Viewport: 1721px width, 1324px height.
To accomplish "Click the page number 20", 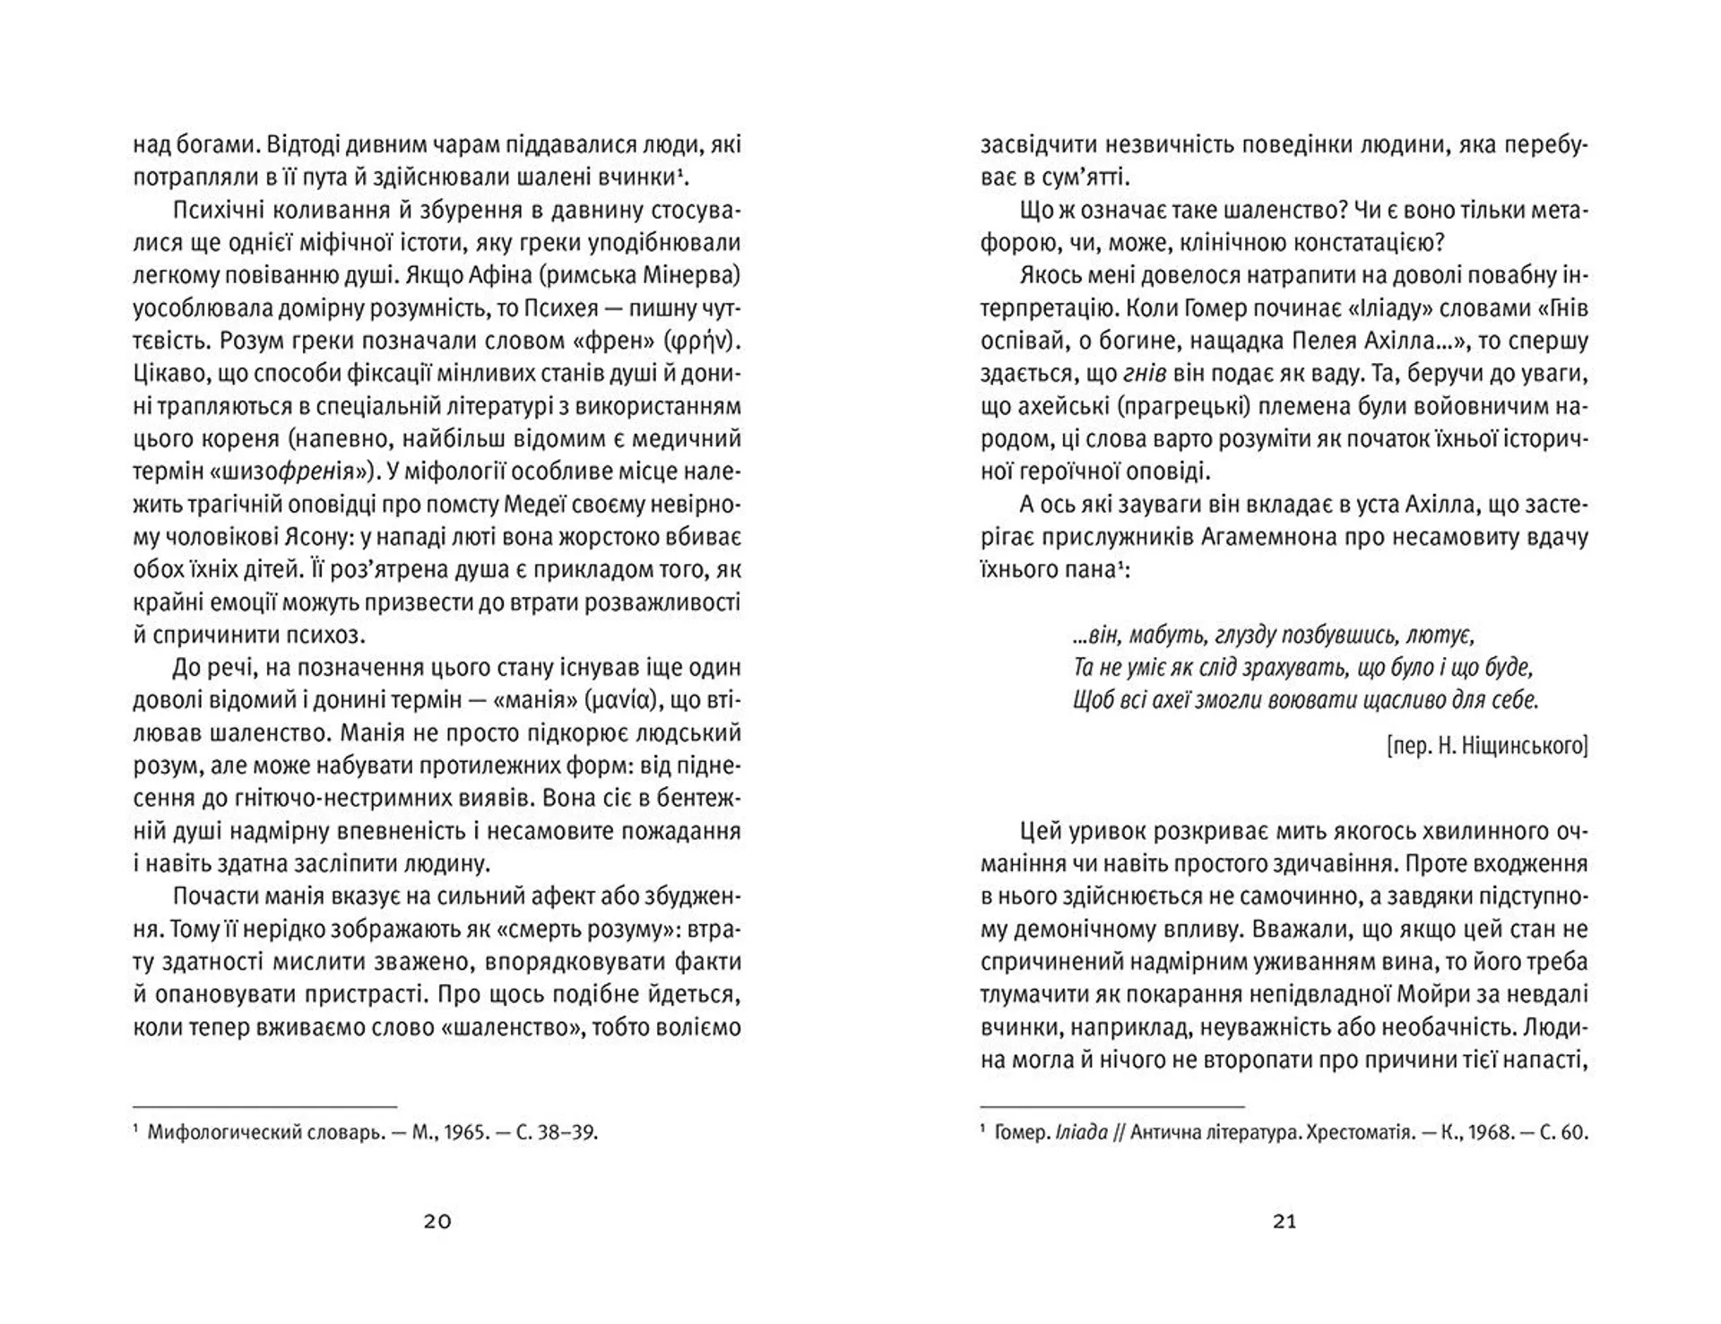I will (x=437, y=1222).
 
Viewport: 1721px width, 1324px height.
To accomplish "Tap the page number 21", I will (x=1284, y=1222).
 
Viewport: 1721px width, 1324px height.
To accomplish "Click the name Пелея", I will (x=1336, y=342).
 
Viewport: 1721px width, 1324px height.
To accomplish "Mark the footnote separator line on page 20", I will (x=264, y=1108).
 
